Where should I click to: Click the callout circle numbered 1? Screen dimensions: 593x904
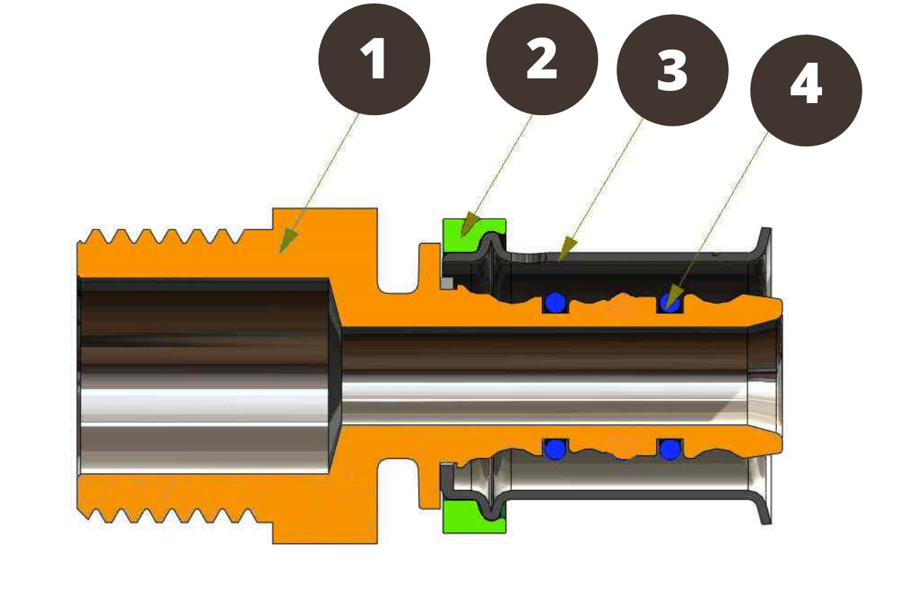(x=374, y=59)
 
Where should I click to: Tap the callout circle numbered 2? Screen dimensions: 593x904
(x=542, y=59)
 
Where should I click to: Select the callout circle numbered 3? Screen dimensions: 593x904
(x=672, y=71)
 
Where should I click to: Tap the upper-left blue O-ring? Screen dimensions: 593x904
(x=556, y=302)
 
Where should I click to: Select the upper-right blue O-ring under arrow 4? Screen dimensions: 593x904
(x=670, y=304)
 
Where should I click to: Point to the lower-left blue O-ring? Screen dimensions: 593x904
(x=556, y=448)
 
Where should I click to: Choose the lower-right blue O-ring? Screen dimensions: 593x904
(x=670, y=448)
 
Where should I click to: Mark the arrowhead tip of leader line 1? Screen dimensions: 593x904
(x=282, y=251)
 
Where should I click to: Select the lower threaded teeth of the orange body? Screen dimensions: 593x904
(x=162, y=515)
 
